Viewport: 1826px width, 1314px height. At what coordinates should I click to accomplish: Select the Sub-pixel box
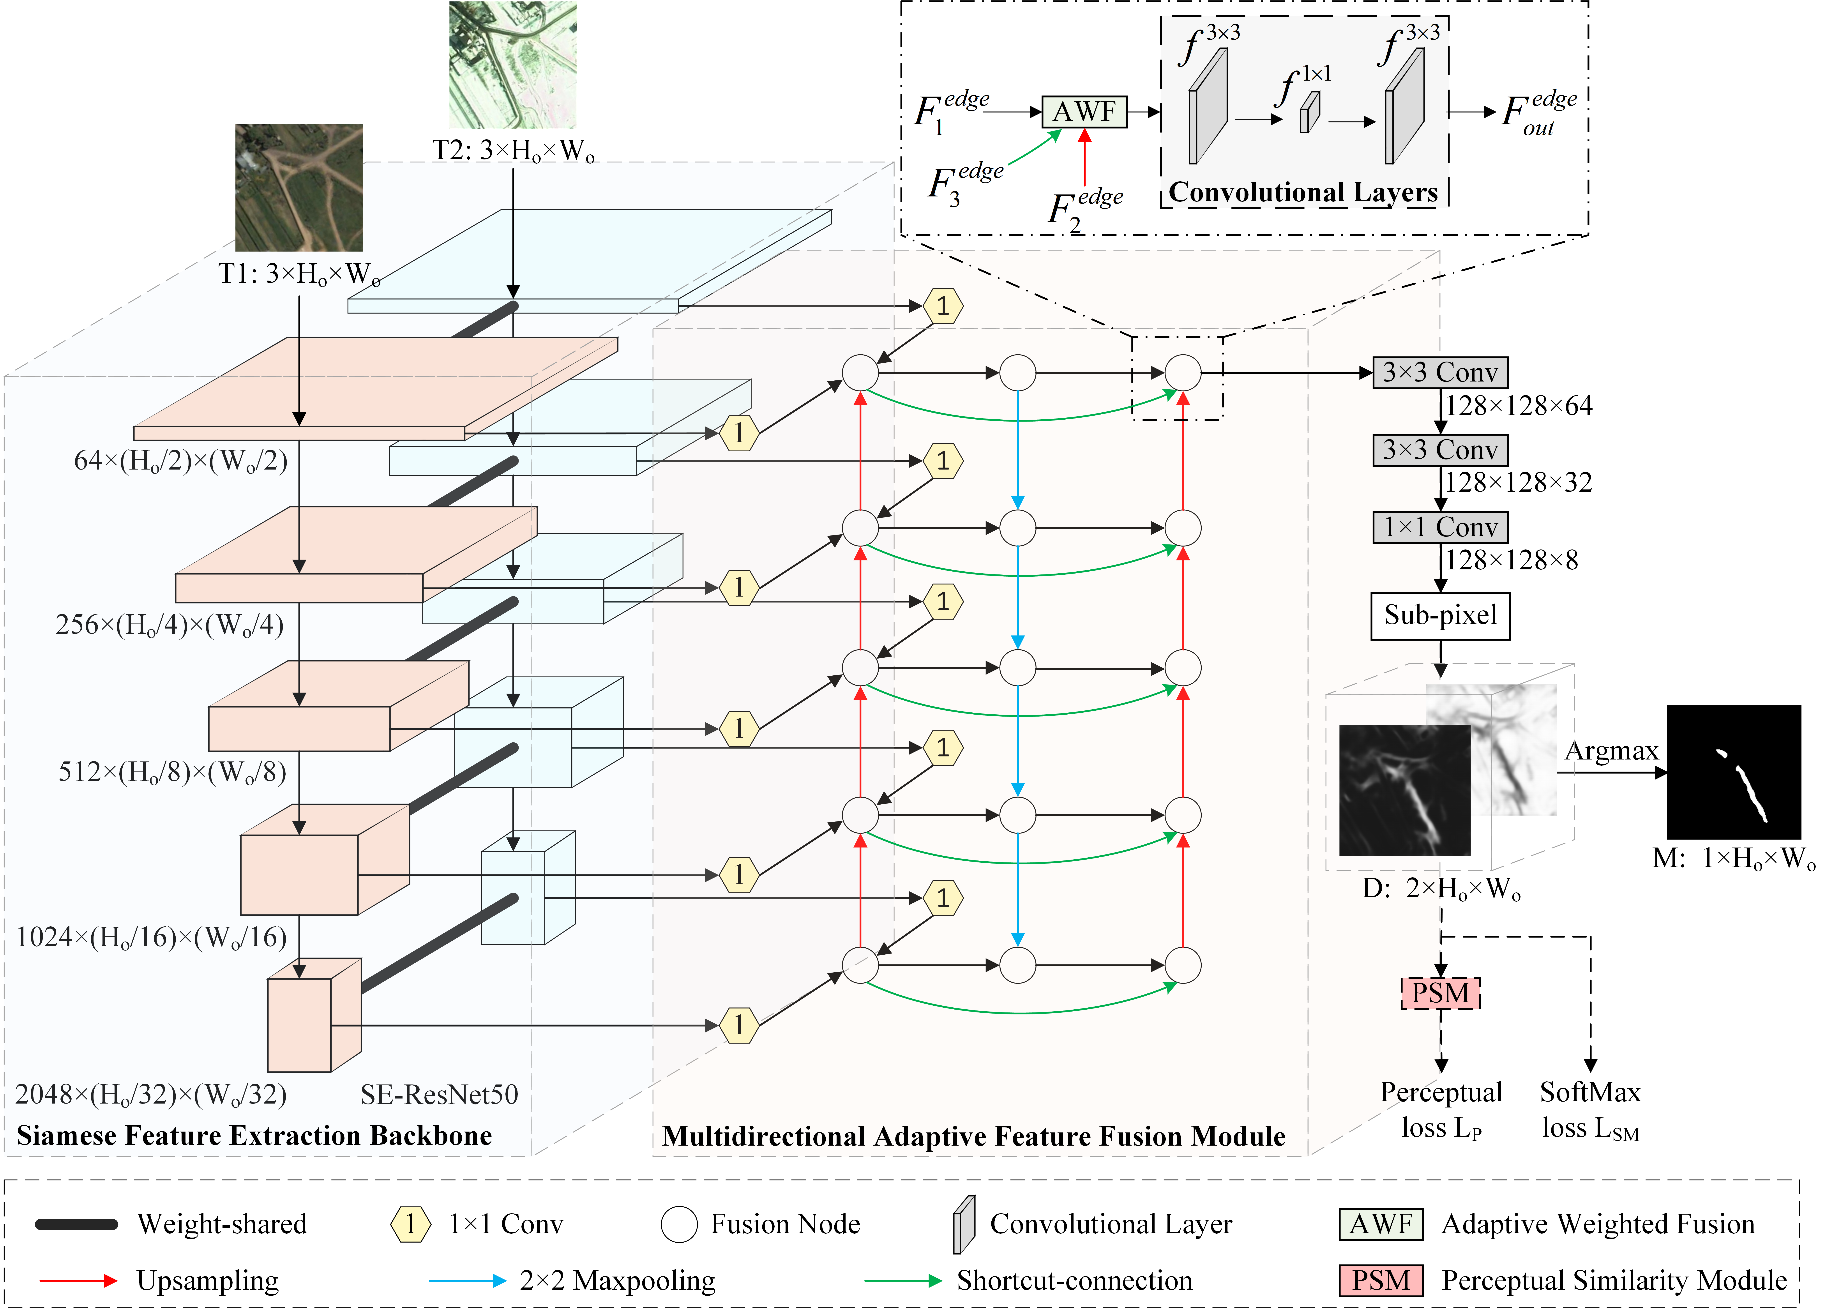coord(1440,616)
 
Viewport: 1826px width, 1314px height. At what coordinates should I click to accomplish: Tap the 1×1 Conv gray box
coord(1440,527)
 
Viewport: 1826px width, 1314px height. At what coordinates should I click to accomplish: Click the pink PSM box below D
coord(1440,993)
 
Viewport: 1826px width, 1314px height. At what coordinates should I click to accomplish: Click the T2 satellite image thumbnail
coord(513,64)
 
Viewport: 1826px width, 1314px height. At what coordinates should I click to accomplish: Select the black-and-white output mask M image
coord(1733,772)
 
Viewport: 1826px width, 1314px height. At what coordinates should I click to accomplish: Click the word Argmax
coord(1611,750)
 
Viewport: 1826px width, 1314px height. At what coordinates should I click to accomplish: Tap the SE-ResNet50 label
coord(439,1094)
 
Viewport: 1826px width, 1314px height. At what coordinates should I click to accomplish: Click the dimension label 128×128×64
coord(1519,406)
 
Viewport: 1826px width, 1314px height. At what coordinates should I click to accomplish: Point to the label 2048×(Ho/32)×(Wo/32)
coord(151,1094)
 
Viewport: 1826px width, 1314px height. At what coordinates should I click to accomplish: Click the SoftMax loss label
coord(1590,1109)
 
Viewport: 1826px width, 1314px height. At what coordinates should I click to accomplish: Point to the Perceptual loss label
coord(1441,1109)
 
